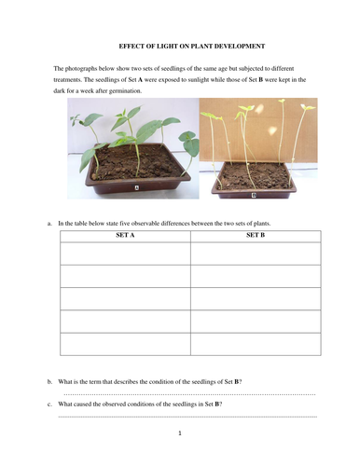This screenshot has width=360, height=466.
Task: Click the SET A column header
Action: [x=125, y=235]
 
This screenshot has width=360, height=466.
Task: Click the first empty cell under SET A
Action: [x=125, y=253]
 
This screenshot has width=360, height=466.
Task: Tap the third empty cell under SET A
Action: [x=125, y=298]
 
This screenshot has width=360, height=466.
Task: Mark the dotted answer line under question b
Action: [x=187, y=394]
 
